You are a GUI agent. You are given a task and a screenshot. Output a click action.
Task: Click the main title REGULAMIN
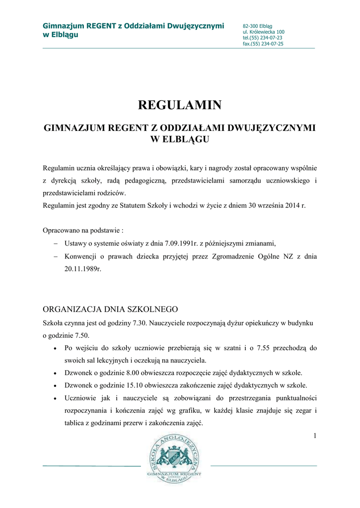179,105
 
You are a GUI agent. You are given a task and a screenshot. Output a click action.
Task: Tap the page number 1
315,436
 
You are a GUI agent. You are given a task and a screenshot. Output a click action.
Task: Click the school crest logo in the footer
175,457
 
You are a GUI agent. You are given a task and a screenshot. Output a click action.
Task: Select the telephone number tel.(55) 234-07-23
263,38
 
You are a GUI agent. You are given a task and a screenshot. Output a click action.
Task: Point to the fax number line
263,44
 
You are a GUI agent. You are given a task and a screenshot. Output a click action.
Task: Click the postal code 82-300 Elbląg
254,26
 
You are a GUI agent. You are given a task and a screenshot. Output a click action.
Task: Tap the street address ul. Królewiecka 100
263,32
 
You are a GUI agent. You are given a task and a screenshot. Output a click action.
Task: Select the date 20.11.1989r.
82,270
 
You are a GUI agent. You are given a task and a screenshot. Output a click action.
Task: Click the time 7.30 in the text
141,323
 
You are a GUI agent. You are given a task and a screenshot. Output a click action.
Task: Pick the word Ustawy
76,243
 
